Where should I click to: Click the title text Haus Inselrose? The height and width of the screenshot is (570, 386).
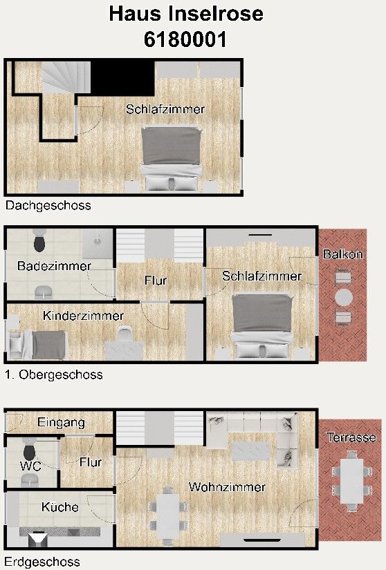click(186, 14)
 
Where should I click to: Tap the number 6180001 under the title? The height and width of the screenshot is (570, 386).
click(185, 39)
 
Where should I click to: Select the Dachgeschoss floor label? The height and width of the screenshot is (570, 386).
click(48, 206)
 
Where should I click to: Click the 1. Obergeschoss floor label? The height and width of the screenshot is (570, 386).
click(54, 374)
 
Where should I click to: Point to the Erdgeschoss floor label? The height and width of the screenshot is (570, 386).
click(42, 562)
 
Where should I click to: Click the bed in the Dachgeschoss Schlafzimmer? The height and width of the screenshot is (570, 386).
click(172, 158)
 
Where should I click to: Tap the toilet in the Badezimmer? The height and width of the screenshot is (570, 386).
click(39, 240)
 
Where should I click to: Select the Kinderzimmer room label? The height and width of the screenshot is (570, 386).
click(83, 316)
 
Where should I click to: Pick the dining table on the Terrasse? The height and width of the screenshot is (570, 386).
click(351, 481)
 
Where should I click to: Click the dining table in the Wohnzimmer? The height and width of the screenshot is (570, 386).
click(167, 515)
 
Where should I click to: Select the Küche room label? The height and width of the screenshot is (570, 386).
click(60, 506)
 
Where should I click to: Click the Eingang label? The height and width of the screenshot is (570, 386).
click(61, 422)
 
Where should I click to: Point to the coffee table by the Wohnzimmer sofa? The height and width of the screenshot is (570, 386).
click(250, 450)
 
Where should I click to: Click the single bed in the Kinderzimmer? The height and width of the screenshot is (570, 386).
click(37, 344)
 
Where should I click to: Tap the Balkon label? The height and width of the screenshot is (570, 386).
click(343, 254)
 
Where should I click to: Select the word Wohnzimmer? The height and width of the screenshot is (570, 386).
click(228, 487)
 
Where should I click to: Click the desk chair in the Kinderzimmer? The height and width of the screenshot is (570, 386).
click(125, 333)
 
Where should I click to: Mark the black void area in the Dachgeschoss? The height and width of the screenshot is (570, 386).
click(122, 78)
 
